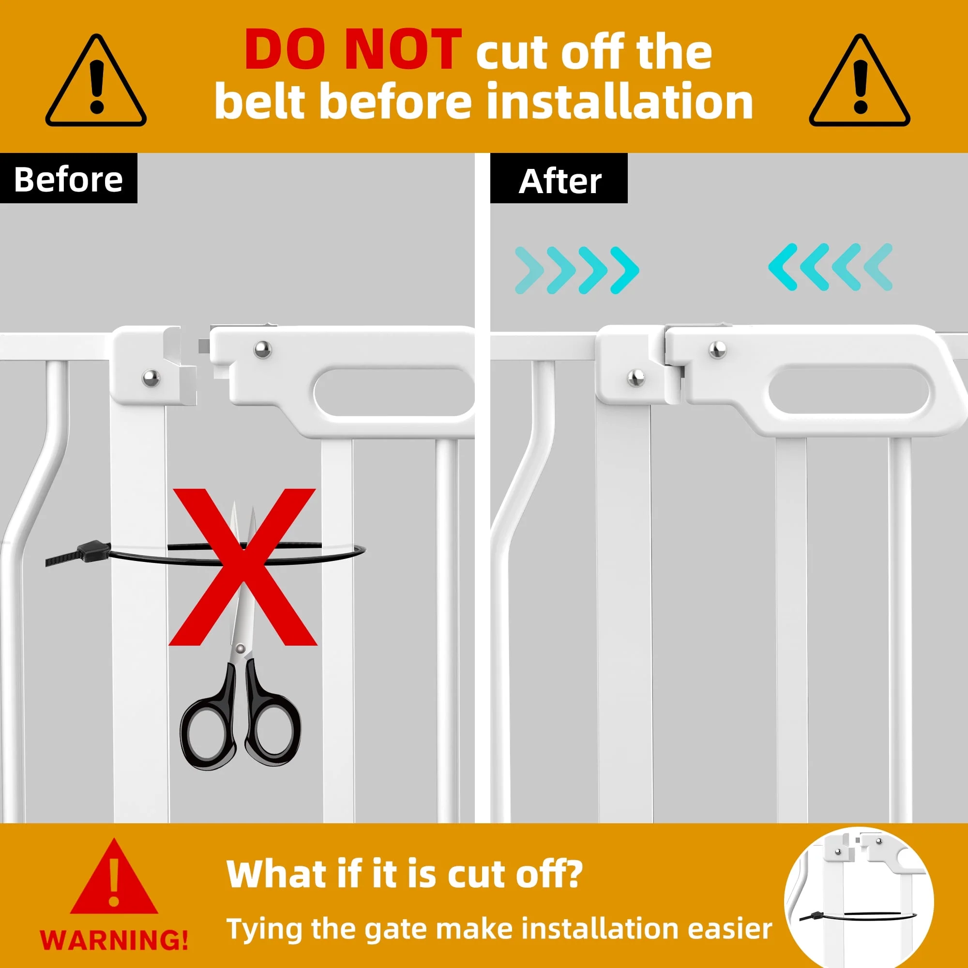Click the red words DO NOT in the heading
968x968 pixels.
point(353,49)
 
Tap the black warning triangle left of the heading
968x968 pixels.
point(96,80)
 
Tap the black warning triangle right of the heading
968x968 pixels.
point(859,80)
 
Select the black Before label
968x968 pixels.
point(69,179)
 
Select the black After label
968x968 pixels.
point(559,179)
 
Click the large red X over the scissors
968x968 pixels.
point(243,567)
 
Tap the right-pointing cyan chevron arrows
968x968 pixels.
point(577,270)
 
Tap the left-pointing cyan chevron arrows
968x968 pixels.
point(830,267)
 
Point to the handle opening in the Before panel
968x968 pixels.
point(394,393)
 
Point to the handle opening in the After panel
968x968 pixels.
point(848,391)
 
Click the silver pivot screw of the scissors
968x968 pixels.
point(241,650)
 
